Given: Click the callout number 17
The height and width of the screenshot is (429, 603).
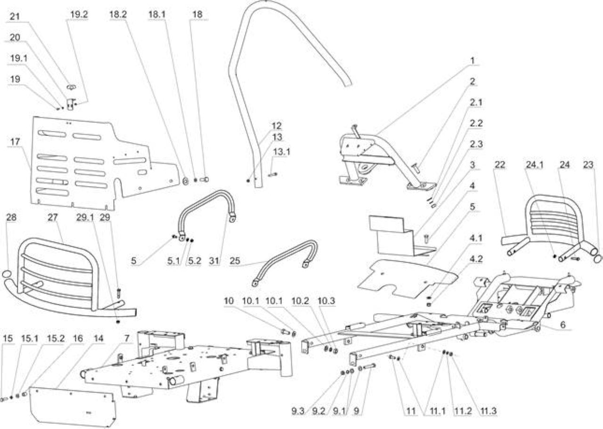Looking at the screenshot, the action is coord(15,142).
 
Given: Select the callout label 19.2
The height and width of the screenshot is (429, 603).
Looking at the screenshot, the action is coord(79,15).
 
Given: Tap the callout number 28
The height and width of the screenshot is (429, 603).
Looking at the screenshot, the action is coord(11,218).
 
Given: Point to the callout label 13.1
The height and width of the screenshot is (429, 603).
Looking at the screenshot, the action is coord(282,152).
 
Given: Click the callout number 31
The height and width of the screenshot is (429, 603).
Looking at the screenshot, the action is coord(214,261).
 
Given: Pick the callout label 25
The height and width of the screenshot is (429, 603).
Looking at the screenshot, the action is coord(235,261).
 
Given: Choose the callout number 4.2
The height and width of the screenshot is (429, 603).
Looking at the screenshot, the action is coord(476,259).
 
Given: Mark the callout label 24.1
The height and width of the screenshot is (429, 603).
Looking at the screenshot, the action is coord(535,165).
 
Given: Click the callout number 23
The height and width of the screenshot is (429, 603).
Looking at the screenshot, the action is coord(588,165).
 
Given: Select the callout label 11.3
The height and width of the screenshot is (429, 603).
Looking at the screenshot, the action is coord(489,411).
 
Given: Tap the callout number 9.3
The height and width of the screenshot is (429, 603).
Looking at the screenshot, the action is coord(298,411).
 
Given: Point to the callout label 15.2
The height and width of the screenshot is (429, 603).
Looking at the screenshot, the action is coord(56,339).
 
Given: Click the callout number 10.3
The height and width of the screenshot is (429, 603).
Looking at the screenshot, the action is coord(326,300).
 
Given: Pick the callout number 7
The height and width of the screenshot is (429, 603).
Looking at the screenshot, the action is coord(127,338).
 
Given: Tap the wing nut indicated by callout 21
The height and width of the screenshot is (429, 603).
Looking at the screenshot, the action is coord(71,87).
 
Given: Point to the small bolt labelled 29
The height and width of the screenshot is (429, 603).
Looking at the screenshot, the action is coord(119,293).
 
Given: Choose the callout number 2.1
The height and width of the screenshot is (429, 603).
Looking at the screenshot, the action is coord(476,103).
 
